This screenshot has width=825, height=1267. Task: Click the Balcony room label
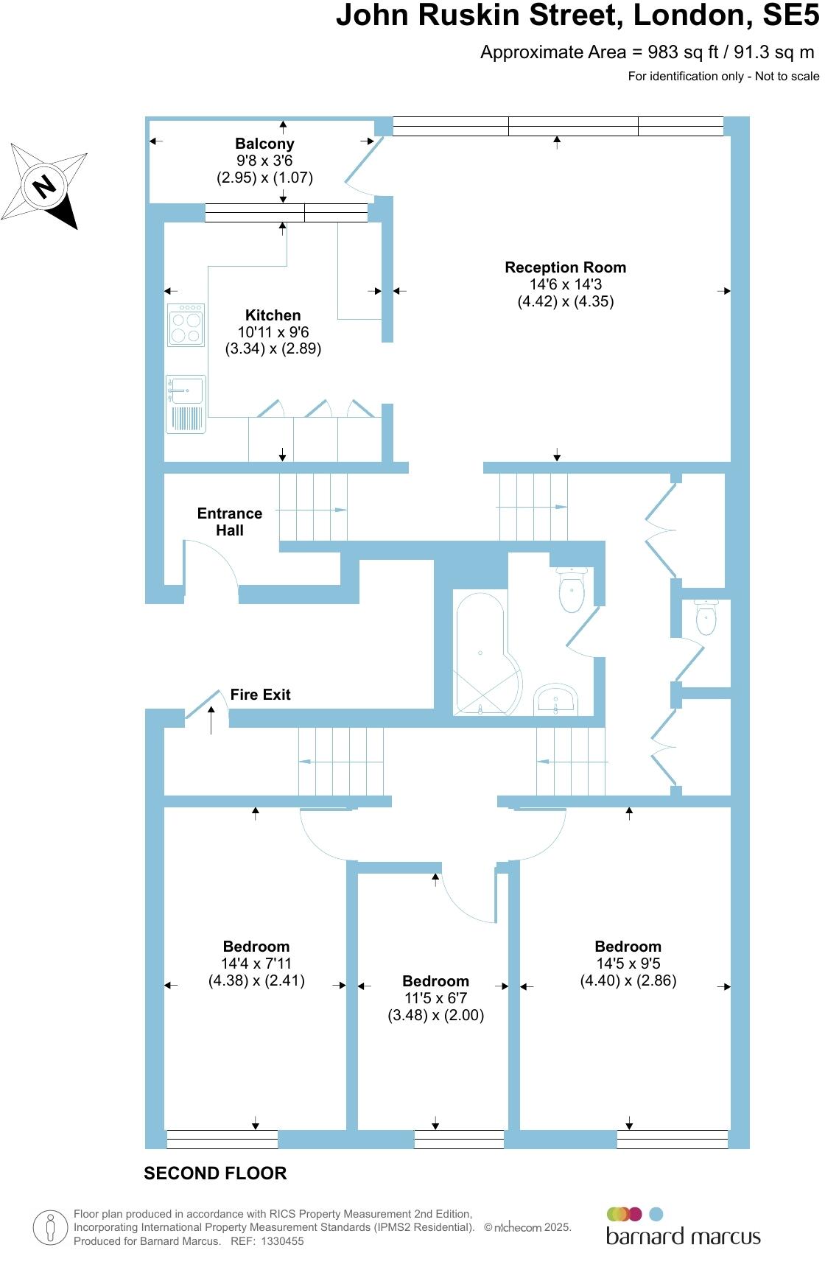point(264,144)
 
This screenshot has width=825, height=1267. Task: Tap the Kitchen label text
point(273,315)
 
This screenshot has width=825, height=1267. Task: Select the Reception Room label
point(565,267)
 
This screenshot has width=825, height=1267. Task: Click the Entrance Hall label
point(230,522)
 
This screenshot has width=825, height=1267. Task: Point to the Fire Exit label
point(260,695)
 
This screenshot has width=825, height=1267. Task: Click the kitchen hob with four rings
point(186,325)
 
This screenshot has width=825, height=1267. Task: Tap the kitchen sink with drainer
point(186,403)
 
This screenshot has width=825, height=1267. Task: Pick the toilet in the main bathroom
point(572,589)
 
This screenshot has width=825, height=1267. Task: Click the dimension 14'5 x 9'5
point(628,964)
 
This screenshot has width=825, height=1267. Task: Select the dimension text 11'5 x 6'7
point(435,998)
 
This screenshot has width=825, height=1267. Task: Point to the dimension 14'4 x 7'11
point(256,964)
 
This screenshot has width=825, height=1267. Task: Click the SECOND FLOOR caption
point(215,1173)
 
